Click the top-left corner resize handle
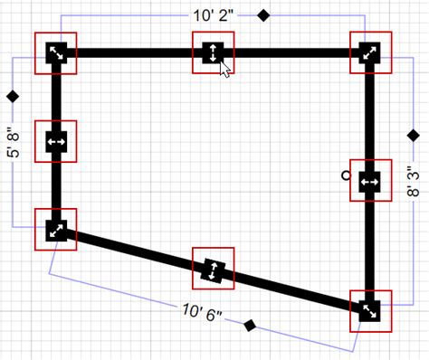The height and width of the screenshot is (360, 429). [x=55, y=53]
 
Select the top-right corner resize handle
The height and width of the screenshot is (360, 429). [x=370, y=52]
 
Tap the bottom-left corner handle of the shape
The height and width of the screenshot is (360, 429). [x=55, y=230]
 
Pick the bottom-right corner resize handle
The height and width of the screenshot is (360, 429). [x=370, y=310]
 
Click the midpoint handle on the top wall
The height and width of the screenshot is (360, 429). [x=212, y=52]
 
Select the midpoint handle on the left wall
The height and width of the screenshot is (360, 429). [x=55, y=142]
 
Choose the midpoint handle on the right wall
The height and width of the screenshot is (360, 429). [x=370, y=183]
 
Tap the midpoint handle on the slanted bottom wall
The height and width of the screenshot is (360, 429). [x=213, y=270]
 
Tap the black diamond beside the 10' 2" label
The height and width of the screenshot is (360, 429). [x=264, y=14]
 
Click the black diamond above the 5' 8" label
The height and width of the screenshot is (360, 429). [x=13, y=95]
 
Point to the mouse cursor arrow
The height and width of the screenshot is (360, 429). [x=225, y=70]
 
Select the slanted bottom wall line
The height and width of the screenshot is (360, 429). [x=136, y=251]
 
